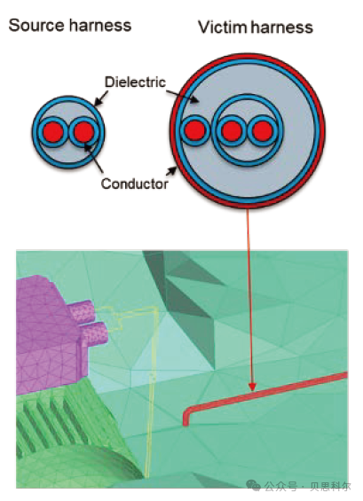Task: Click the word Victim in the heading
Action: (x=222, y=27)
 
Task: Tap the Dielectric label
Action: (x=135, y=82)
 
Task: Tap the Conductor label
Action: (x=135, y=184)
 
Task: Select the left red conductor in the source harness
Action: (x=52, y=132)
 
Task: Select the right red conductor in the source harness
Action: (x=83, y=131)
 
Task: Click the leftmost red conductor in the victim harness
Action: (x=194, y=130)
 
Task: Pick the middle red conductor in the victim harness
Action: (x=232, y=130)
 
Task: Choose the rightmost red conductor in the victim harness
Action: (x=262, y=130)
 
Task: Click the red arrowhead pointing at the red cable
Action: (x=252, y=387)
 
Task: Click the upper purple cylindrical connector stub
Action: (x=82, y=310)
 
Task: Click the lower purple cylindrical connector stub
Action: (x=94, y=333)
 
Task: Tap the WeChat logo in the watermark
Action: (x=253, y=485)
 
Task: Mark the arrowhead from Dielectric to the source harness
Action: (x=98, y=102)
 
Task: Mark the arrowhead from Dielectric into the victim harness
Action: (x=194, y=99)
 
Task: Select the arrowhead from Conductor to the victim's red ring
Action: (x=172, y=170)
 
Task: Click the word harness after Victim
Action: (x=281, y=27)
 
